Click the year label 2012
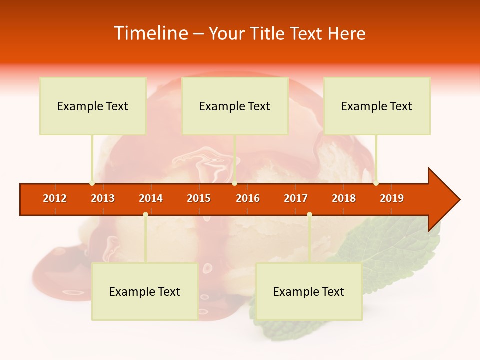coord(55,198)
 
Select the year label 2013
coord(103,198)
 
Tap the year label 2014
coord(151,198)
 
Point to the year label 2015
coord(199,198)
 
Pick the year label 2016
coord(248,198)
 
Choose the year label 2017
coord(296,198)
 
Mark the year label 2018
coord(344,198)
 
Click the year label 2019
coord(392,198)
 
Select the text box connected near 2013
coord(93,106)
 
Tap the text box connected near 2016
coord(235,106)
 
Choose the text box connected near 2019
coord(377,106)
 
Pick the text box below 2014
coord(145,291)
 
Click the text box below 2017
coord(309,291)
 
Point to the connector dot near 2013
coord(92,183)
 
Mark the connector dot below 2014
coord(145,215)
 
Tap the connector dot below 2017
coord(309,215)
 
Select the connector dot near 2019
coord(376,183)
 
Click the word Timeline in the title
coord(150,33)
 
